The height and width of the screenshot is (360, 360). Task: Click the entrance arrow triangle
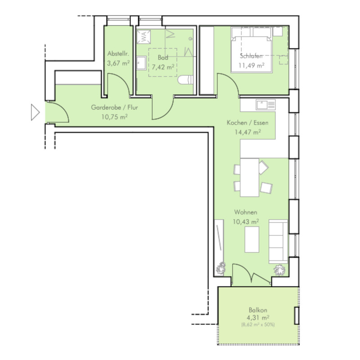35,112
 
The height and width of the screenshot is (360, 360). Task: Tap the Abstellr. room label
118,54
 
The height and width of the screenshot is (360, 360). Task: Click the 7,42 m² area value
163,67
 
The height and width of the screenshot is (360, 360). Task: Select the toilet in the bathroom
185,80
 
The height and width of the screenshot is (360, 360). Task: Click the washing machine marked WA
144,37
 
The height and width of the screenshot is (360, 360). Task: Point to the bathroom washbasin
141,63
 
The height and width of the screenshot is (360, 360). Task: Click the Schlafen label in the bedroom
252,56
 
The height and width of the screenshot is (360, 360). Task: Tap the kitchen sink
266,105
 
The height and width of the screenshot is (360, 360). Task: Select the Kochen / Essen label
247,122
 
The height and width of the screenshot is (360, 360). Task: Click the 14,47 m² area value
247,132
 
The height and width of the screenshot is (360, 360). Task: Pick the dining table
250,177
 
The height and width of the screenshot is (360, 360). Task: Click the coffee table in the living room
252,239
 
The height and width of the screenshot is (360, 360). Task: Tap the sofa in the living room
278,242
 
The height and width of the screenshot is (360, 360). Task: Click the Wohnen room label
246,212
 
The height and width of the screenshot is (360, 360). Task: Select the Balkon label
258,310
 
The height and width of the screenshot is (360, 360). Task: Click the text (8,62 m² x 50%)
258,324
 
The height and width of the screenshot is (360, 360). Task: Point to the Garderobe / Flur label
114,107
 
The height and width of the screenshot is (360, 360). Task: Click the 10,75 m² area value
114,117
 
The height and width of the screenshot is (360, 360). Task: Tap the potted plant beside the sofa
279,270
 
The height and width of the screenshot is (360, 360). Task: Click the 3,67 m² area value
118,63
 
